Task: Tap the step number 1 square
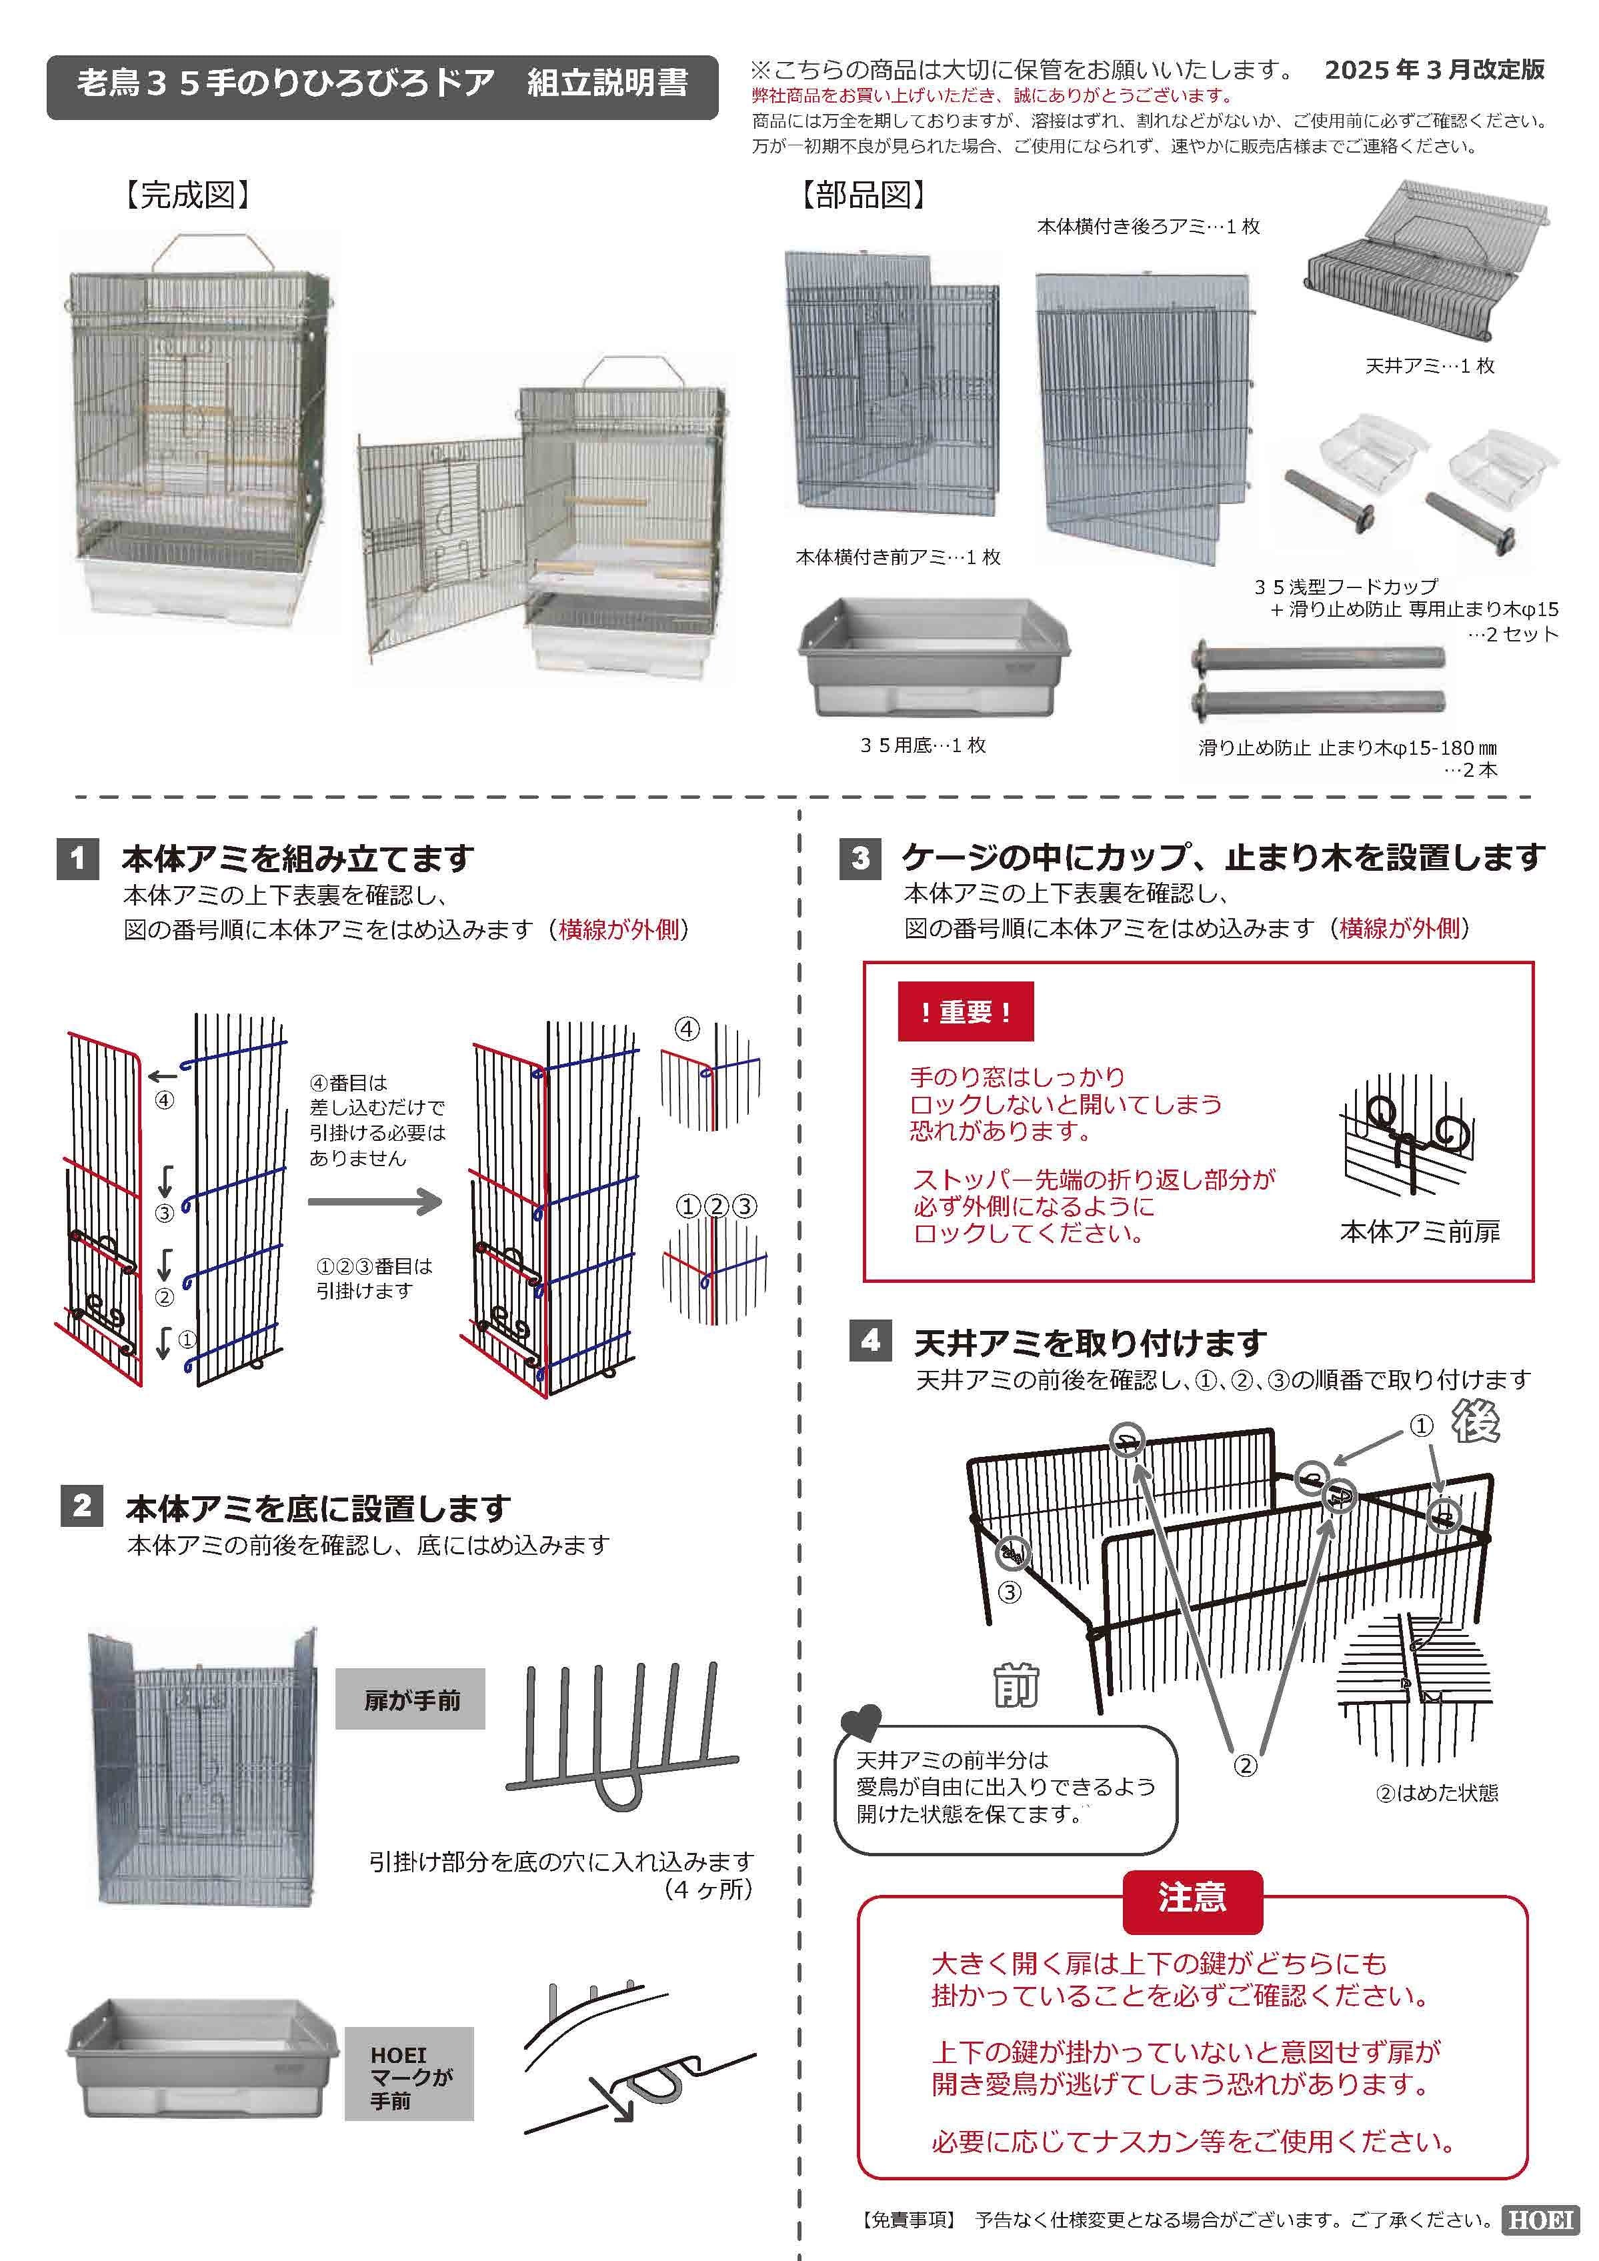[x=78, y=859]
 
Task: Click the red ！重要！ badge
[x=965, y=1011]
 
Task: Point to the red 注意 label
[x=1192, y=1897]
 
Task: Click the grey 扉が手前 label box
[x=411, y=1700]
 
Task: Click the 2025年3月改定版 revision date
[x=1434, y=70]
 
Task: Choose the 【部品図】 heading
[x=863, y=195]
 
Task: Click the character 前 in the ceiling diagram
[x=1015, y=1688]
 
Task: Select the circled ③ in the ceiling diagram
[x=1010, y=1592]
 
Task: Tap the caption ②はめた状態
[x=1436, y=1793]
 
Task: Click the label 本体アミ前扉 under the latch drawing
[x=1419, y=1232]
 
